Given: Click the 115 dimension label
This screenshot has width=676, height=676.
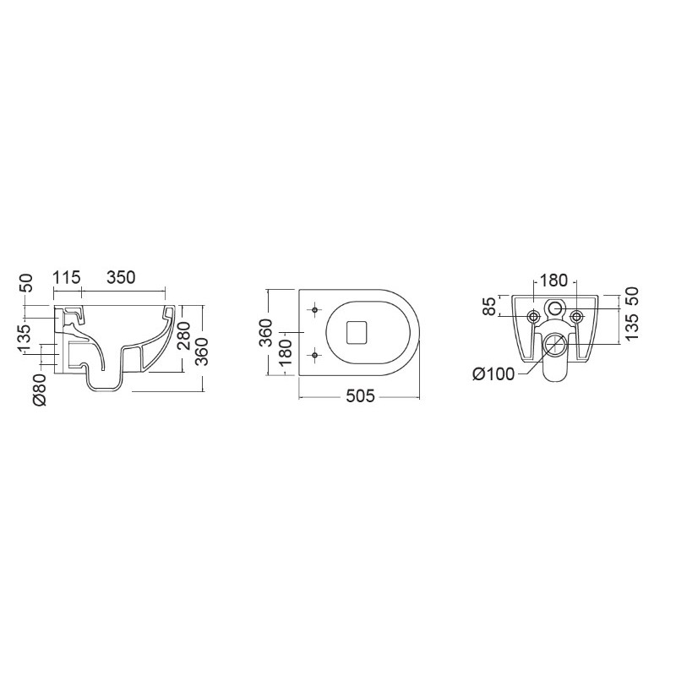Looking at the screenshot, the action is pos(68,278).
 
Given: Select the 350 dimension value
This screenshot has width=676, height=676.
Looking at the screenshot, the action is pos(121,278).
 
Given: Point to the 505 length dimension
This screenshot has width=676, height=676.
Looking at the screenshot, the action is pos(361,395).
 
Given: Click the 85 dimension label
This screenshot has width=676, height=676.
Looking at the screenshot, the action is pos(490,306).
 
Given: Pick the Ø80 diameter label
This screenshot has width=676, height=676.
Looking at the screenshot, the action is pos(40,390).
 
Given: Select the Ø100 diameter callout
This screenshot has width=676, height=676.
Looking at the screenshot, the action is pos(493,373).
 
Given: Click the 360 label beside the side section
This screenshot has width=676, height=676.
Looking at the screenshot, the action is pos(202,352).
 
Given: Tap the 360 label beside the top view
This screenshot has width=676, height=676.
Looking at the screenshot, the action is pos(265,333).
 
